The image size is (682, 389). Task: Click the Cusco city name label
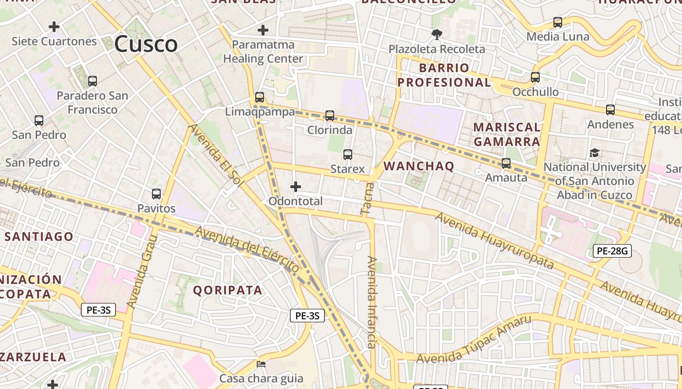click(x=146, y=44)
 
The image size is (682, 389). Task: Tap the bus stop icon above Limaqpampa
click(x=260, y=97)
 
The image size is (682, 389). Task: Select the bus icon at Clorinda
click(x=330, y=116)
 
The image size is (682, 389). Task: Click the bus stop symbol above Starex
click(x=347, y=155)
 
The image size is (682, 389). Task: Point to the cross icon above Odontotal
click(x=295, y=187)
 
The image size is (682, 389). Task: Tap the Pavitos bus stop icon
click(x=156, y=194)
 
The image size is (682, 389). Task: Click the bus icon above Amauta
click(x=506, y=163)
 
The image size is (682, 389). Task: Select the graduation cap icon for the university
click(x=594, y=153)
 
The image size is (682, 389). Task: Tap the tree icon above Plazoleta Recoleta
click(x=436, y=34)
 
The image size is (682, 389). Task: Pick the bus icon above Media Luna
click(x=558, y=22)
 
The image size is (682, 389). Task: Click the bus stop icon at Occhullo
click(x=535, y=77)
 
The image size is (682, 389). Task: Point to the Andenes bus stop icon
click(x=610, y=110)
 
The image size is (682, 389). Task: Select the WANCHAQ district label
click(x=419, y=166)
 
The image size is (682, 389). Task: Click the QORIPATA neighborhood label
click(x=228, y=290)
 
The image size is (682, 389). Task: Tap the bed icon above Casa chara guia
click(x=261, y=364)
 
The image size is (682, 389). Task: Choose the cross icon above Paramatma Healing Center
click(x=263, y=30)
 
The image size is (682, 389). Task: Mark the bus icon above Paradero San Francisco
click(x=93, y=81)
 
